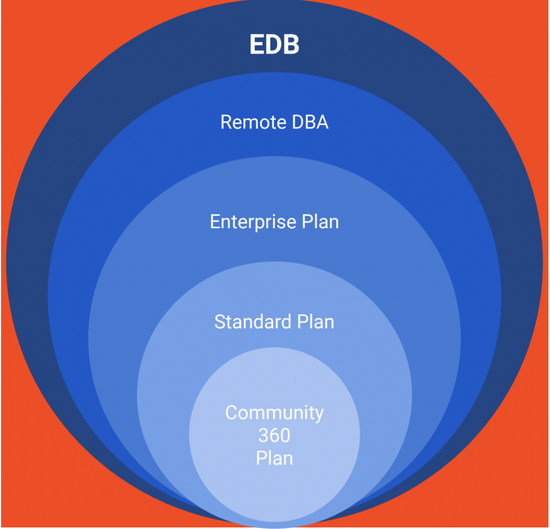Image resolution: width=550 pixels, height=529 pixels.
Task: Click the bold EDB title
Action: click(x=274, y=45)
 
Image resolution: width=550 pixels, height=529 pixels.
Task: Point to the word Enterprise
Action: click(x=245, y=222)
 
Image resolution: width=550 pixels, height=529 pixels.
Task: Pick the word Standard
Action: click(x=247, y=322)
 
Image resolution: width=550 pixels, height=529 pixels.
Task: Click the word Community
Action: click(x=274, y=412)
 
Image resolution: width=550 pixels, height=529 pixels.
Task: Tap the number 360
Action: click(x=274, y=436)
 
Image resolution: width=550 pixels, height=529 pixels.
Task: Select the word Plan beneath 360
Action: click(x=274, y=459)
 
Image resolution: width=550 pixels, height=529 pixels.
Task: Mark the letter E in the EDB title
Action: click(x=257, y=45)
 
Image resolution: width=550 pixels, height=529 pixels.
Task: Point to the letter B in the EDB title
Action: click(x=291, y=45)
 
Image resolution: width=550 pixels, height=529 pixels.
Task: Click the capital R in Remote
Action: click(x=226, y=122)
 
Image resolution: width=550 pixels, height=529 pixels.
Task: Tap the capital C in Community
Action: click(x=231, y=412)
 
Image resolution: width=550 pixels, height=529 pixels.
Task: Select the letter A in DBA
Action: click(x=322, y=122)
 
